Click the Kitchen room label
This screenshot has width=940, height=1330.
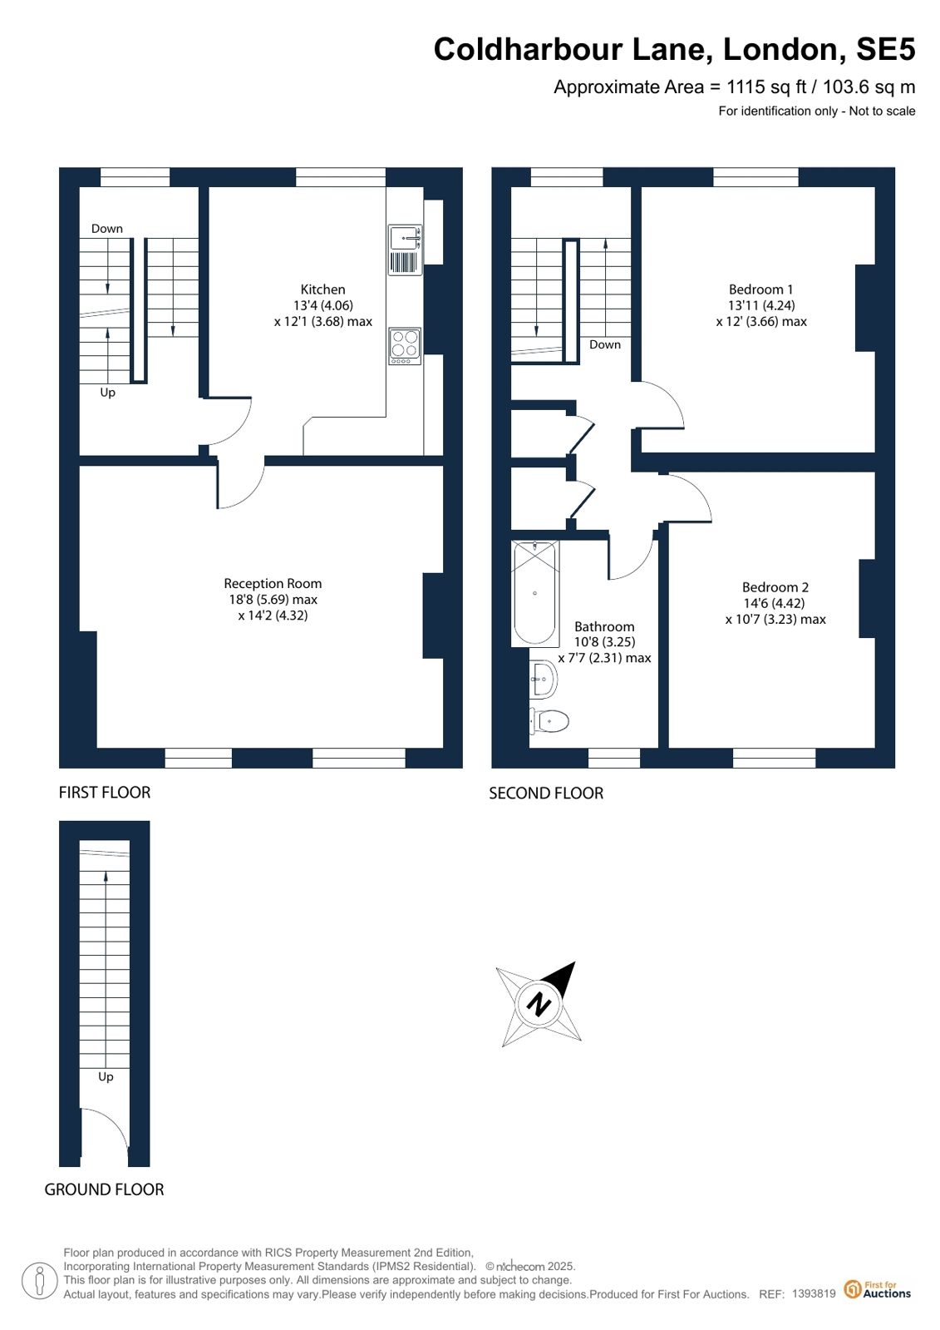click(322, 289)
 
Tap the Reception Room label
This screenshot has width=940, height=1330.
click(273, 583)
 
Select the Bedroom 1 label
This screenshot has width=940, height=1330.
click(760, 289)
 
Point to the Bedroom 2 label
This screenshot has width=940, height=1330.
click(775, 586)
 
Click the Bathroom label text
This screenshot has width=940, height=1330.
click(604, 626)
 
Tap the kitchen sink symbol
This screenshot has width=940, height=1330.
click(405, 250)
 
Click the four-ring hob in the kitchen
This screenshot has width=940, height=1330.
click(405, 346)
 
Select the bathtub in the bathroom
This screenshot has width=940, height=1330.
click(534, 593)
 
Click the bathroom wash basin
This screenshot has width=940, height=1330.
click(543, 680)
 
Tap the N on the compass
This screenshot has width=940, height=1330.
click(539, 1006)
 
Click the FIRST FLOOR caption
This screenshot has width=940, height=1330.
click(105, 792)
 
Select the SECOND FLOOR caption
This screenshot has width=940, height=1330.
click(546, 793)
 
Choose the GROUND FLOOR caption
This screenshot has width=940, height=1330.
click(104, 1189)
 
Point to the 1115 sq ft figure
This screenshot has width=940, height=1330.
click(767, 87)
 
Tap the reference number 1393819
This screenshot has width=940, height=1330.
click(814, 1293)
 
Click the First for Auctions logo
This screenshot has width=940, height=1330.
click(878, 1289)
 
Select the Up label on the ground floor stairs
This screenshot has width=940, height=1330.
click(106, 1076)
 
